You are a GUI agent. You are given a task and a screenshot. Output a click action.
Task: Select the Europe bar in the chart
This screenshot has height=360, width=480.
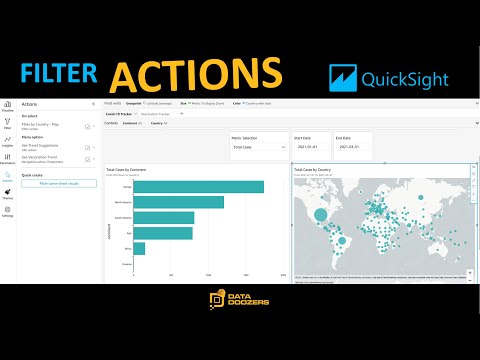(x=198, y=187)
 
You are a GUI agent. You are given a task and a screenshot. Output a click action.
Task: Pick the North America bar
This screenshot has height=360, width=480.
(x=178, y=202)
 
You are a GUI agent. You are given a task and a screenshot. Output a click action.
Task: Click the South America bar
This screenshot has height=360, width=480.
(x=163, y=217)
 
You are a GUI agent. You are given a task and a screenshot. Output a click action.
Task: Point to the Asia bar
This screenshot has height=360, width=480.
(x=162, y=233)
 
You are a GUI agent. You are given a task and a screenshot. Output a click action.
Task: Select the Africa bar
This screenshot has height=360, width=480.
(x=139, y=248)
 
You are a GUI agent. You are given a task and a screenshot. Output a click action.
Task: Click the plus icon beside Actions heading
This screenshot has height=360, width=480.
(x=93, y=103)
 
